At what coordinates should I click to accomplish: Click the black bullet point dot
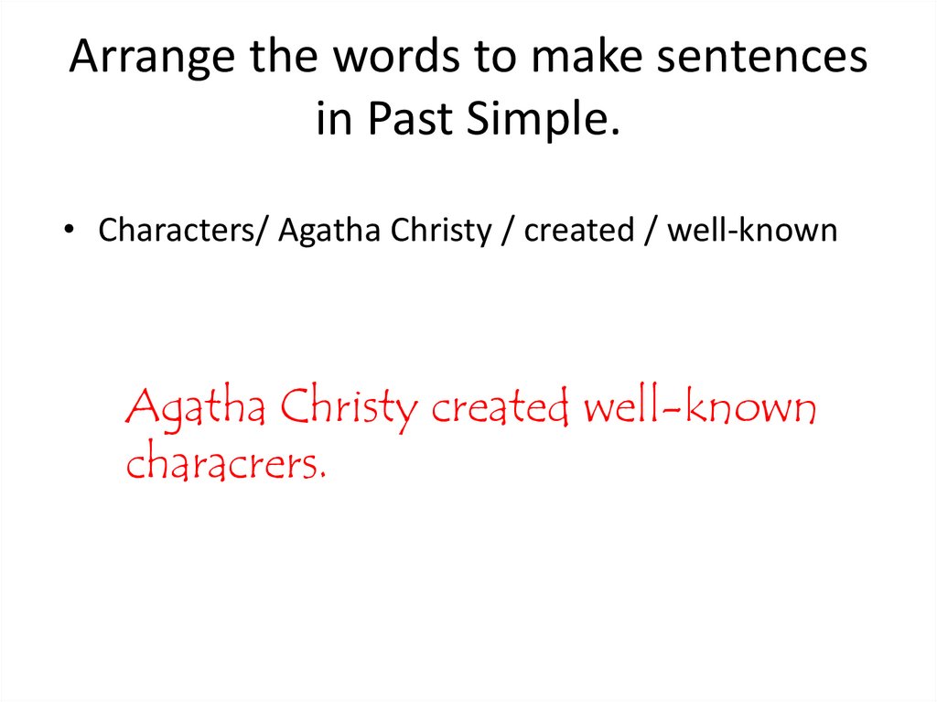(x=70, y=232)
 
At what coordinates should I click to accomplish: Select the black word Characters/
(x=182, y=231)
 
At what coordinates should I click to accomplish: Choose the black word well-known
(x=751, y=231)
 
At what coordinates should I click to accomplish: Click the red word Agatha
(x=196, y=407)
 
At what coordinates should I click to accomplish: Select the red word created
(x=500, y=407)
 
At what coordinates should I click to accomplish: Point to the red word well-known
(x=699, y=407)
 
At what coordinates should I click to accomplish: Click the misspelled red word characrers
(x=225, y=464)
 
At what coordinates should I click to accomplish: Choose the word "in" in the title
(x=334, y=119)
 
